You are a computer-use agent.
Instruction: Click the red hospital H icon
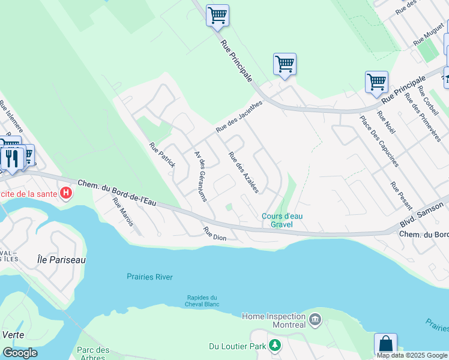point(67,193)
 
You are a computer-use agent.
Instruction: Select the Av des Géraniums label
point(200,176)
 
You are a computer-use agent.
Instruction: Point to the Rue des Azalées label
point(243,172)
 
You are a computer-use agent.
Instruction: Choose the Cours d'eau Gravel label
point(277,220)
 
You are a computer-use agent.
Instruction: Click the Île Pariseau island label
point(61,260)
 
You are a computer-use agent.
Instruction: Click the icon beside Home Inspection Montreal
point(315,320)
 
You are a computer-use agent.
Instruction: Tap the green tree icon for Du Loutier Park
point(275,346)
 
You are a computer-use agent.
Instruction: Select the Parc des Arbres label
point(93,354)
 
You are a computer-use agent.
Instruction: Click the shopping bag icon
point(385,344)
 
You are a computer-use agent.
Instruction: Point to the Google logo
point(20,352)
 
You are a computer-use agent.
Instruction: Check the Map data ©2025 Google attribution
point(412,355)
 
